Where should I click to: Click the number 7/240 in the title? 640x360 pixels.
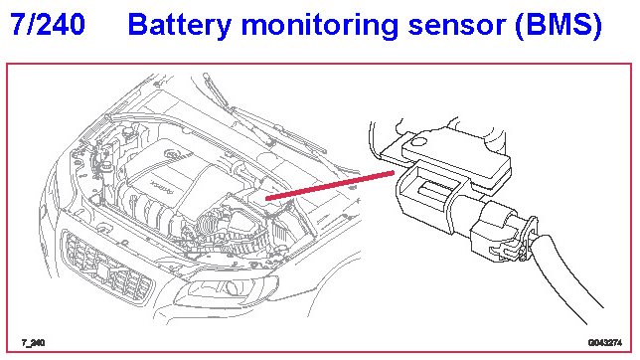tap(48, 24)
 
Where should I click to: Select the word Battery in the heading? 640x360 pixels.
tap(180, 25)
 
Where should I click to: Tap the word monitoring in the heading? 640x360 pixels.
tap(320, 26)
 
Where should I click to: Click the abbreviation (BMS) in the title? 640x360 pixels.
tap(559, 26)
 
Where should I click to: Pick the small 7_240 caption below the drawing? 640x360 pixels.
tap(33, 343)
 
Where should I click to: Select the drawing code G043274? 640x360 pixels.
tap(605, 342)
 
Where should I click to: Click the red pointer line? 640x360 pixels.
tap(330, 186)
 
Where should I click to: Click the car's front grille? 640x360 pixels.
tap(107, 266)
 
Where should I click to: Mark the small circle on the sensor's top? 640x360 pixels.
tap(418, 142)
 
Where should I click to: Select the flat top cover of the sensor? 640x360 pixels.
tap(456, 153)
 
